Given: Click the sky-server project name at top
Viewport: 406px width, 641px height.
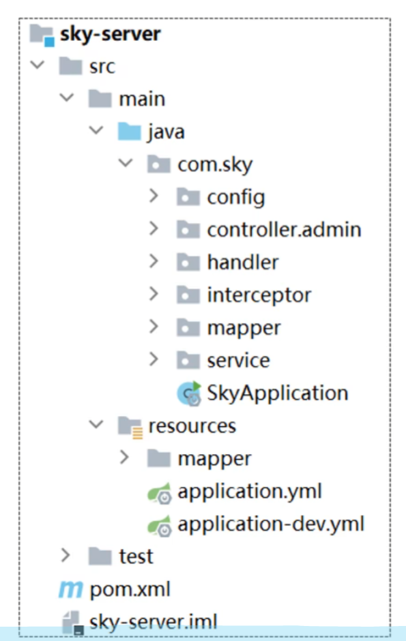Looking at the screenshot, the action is click(110, 34).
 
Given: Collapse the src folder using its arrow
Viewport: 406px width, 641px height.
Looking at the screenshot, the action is click(38, 65).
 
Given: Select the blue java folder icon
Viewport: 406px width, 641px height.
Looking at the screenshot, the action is click(129, 131).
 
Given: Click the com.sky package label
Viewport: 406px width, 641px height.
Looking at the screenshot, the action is click(215, 165).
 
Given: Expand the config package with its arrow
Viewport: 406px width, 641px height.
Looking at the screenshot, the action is click(154, 196).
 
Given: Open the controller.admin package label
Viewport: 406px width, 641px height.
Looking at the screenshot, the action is click(284, 229).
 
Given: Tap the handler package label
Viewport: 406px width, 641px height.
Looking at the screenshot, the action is click(243, 262).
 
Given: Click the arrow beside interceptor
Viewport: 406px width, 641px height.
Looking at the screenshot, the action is click(154, 294).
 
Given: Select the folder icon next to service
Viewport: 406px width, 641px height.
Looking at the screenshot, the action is click(188, 360).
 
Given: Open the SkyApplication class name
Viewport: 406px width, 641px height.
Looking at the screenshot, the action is click(278, 393).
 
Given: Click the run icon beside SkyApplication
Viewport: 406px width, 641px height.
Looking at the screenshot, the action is click(189, 393).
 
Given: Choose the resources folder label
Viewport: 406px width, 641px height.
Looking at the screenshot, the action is click(192, 426).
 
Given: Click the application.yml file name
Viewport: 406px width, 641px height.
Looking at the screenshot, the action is click(250, 492).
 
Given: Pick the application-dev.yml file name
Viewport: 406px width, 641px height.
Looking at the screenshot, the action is click(271, 524).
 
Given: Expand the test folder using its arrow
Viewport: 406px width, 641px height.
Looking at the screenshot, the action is click(66, 556).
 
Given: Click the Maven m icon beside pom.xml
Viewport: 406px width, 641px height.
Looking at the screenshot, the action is click(71, 589).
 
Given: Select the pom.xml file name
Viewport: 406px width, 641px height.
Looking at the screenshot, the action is click(130, 589).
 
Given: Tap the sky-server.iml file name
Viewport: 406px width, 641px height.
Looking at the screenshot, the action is click(154, 622).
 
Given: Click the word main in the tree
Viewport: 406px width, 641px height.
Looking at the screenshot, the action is click(142, 99).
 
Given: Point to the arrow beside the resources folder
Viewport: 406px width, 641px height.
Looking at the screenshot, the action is click(96, 424).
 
